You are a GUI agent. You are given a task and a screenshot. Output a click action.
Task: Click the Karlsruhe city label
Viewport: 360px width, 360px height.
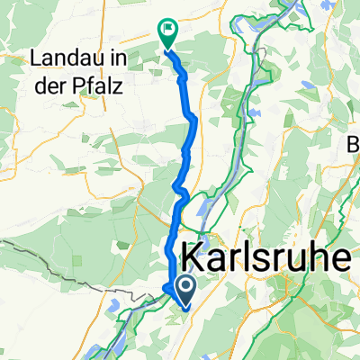click(266, 260)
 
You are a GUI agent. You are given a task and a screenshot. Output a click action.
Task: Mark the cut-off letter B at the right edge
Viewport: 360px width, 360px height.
click(354, 142)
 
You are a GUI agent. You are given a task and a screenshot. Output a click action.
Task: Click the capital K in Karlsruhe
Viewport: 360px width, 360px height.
click(194, 260)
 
